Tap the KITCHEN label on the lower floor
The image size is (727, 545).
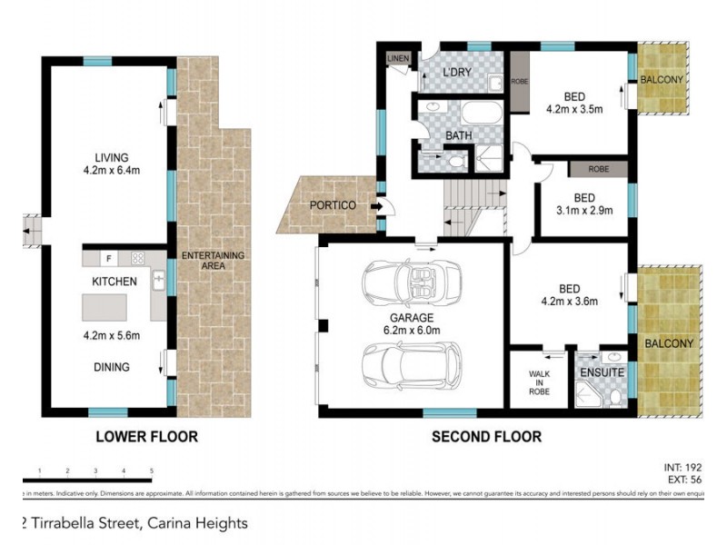pos(114,282)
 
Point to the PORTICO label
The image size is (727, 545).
pos(332,205)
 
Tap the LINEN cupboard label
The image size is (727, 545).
pos(398,59)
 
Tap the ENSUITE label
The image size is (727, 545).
pos(601,372)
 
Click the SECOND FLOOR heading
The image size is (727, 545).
pos(486,437)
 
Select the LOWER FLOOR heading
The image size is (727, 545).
pos(146,437)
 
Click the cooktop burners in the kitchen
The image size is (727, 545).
pos(139,258)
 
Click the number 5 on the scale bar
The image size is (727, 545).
pos(151,471)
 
